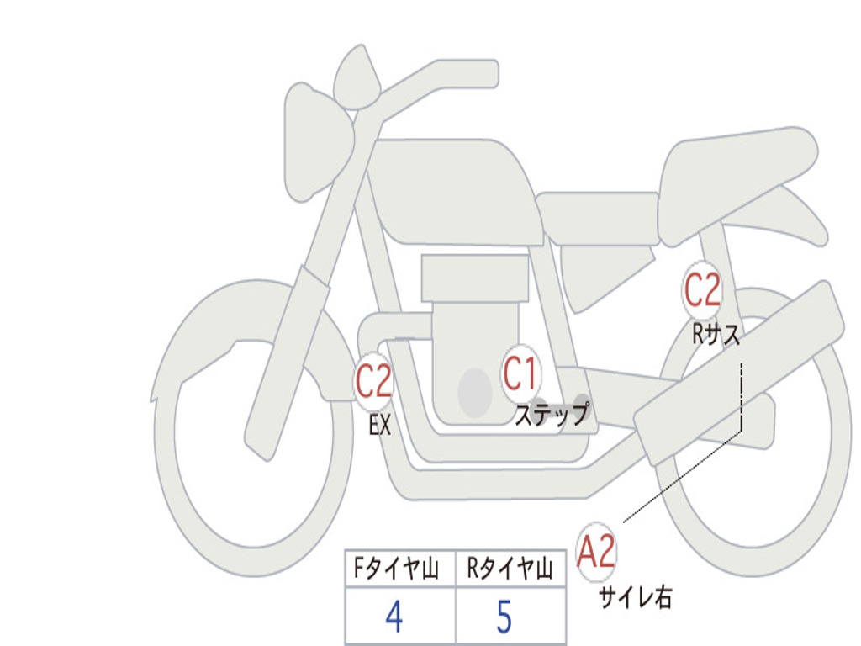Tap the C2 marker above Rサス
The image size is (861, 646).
tap(702, 291)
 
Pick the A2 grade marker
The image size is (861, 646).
tap(597, 553)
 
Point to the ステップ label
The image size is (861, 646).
tap(552, 414)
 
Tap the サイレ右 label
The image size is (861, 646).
tap(636, 597)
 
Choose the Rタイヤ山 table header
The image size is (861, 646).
tap(510, 570)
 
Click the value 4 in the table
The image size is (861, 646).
tap(394, 617)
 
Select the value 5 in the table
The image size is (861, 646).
tap(504, 617)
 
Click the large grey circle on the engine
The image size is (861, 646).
tap(475, 392)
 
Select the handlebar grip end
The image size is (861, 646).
tap(488, 74)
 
